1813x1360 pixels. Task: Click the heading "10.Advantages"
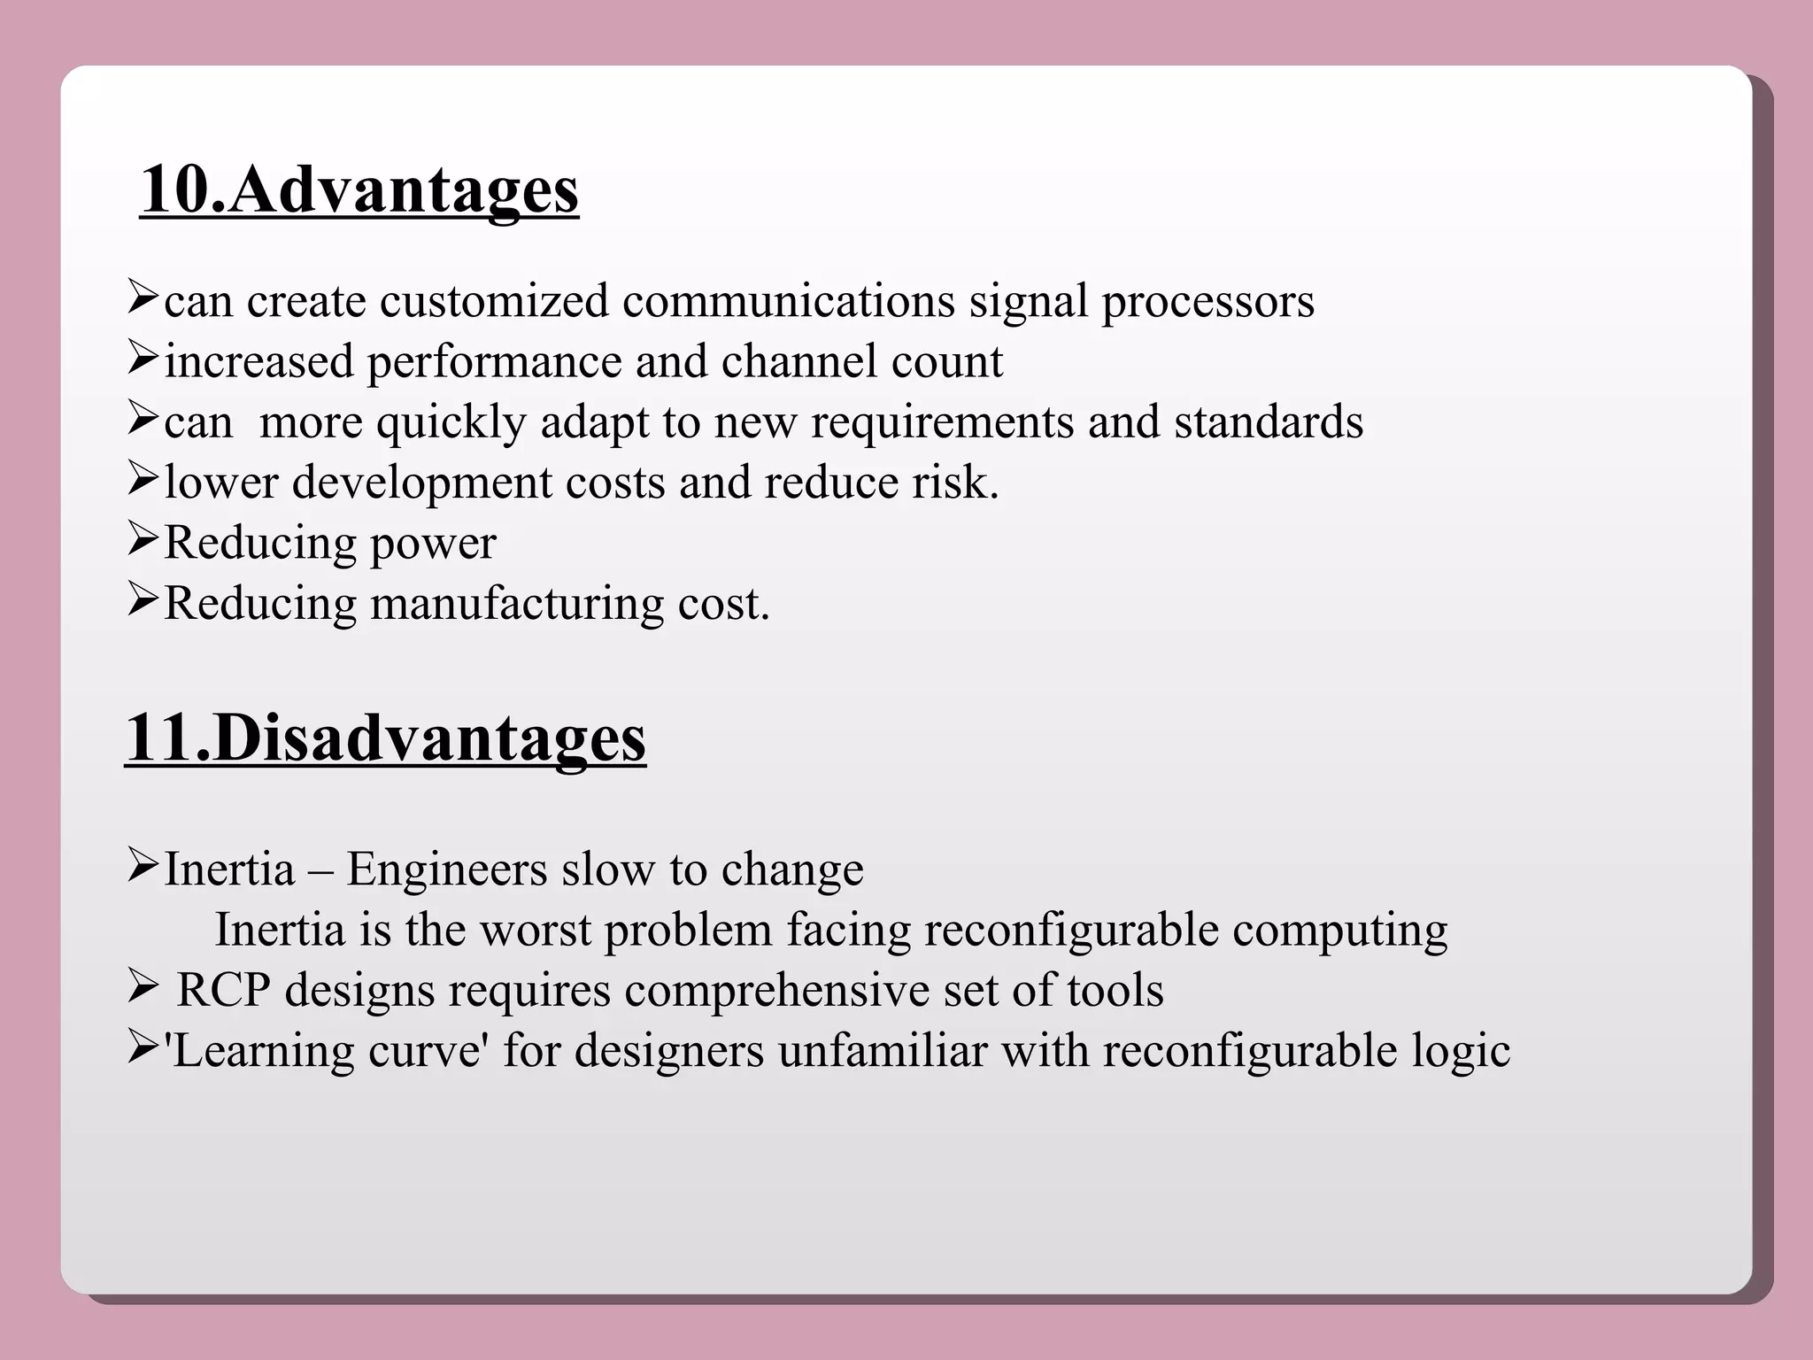point(359,189)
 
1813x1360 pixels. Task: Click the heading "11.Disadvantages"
point(385,738)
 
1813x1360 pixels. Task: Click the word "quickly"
point(451,423)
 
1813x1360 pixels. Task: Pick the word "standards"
point(1269,421)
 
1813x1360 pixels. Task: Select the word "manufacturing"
point(516,605)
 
